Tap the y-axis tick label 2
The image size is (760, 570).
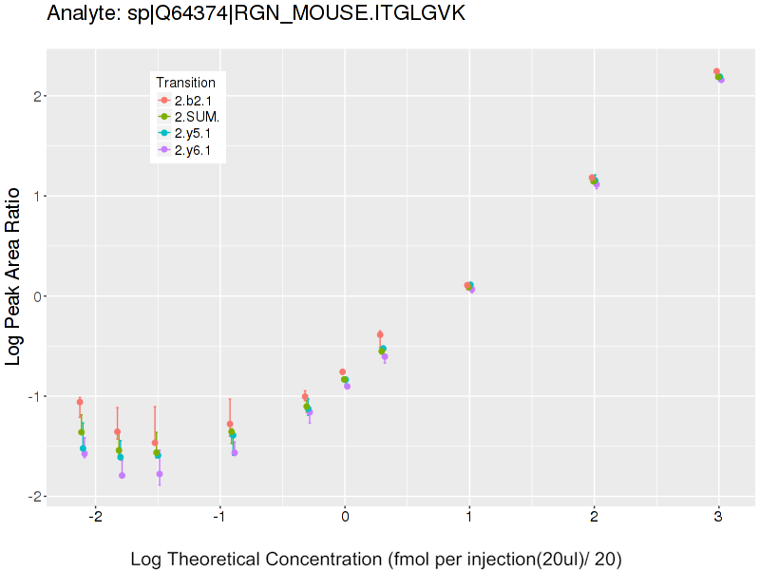[x=33, y=96]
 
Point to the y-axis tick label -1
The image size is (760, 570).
[x=29, y=396]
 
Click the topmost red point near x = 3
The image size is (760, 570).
[x=716, y=71]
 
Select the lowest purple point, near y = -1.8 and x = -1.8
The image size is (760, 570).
[x=122, y=475]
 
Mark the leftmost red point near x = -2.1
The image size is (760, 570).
[x=80, y=402]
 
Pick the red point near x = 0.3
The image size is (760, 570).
[x=380, y=334]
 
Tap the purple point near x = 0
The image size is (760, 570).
[x=347, y=386]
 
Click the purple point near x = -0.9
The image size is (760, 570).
[x=235, y=452]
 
